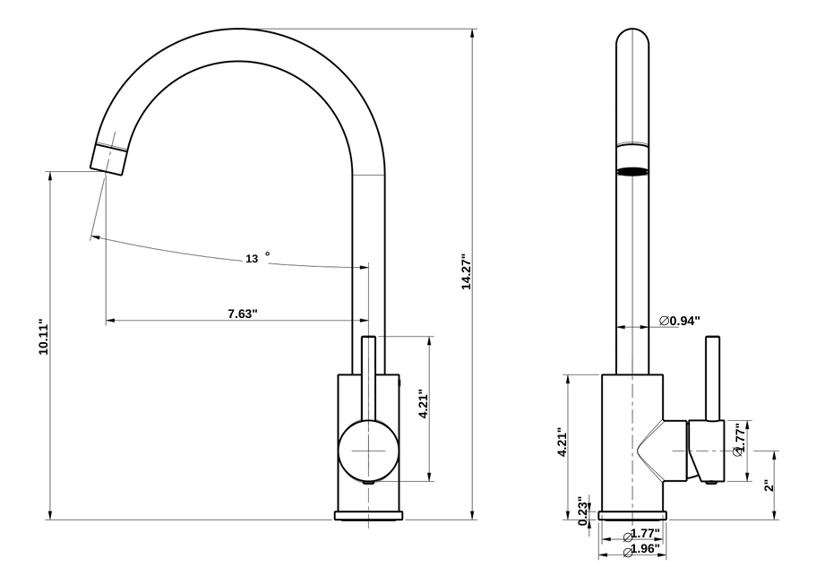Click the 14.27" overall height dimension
466,271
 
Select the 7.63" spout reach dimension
242,314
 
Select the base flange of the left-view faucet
368,515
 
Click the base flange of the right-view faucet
632,515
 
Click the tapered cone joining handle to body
662,451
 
